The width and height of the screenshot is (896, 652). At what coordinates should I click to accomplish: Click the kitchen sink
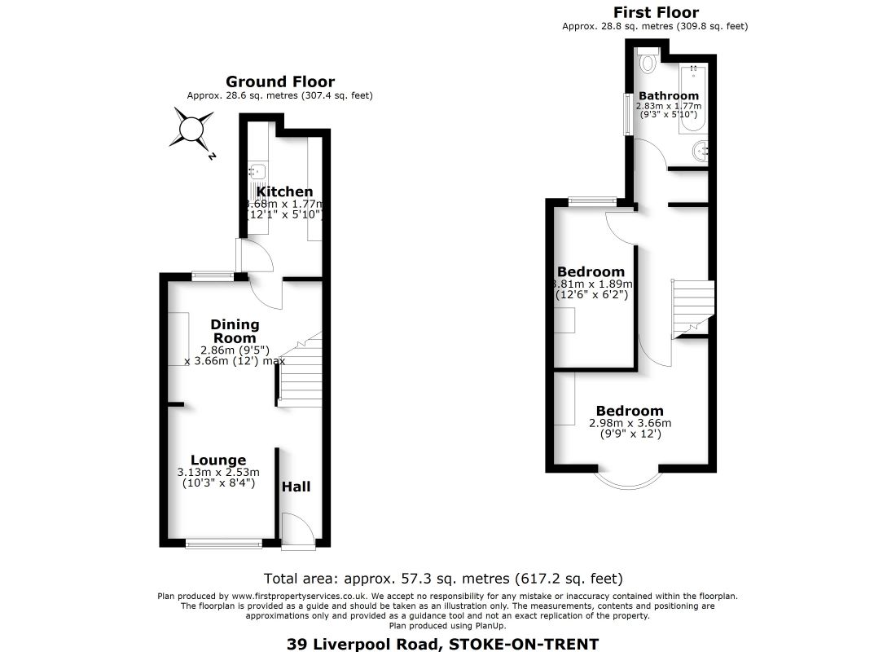pyautogui.click(x=258, y=172)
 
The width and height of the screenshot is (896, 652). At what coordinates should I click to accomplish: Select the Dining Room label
pyautogui.click(x=235, y=331)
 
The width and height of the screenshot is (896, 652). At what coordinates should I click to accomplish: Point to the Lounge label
pyautogui.click(x=218, y=460)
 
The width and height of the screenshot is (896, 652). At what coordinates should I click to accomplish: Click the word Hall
pyautogui.click(x=296, y=487)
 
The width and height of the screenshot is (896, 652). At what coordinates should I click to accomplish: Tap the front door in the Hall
pyautogui.click(x=297, y=530)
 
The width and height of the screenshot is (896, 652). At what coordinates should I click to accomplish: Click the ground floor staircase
pyautogui.click(x=301, y=375)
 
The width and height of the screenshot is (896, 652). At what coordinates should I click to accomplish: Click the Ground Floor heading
pyautogui.click(x=279, y=81)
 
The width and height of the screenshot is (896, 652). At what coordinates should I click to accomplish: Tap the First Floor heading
pyautogui.click(x=655, y=12)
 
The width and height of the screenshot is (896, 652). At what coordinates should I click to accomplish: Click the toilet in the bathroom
pyautogui.click(x=649, y=60)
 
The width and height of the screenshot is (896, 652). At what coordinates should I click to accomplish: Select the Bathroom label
pyautogui.click(x=668, y=95)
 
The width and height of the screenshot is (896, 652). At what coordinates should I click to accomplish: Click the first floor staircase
pyautogui.click(x=692, y=306)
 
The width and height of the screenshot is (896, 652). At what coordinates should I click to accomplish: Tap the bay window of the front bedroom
pyautogui.click(x=629, y=481)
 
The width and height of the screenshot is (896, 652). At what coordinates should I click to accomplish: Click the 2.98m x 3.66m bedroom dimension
pyautogui.click(x=630, y=423)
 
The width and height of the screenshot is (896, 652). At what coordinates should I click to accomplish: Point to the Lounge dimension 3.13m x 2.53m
pyautogui.click(x=218, y=472)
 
